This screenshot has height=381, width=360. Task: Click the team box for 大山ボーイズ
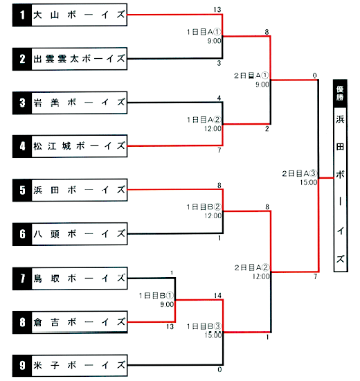[70, 15]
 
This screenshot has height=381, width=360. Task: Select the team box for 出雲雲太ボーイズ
[70, 59]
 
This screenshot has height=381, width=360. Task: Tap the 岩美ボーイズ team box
[70, 103]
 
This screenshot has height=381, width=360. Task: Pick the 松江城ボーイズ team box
[70, 146]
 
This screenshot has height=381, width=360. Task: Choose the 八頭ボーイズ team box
[70, 234]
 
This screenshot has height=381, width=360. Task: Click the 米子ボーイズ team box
[70, 366]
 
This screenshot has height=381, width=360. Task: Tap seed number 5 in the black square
[22, 190]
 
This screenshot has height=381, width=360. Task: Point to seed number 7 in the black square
[22, 278]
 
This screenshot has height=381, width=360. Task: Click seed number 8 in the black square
[22, 322]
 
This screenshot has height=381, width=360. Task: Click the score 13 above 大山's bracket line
[217, 10]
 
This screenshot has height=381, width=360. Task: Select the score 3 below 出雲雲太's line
[219, 63]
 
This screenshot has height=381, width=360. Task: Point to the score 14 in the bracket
[217, 296]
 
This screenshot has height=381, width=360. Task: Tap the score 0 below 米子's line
[219, 370]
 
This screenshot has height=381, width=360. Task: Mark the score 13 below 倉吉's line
[170, 326]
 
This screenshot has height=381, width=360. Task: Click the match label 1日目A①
[204, 32]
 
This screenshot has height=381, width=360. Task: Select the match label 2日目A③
[300, 173]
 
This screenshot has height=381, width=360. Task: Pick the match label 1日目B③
[204, 326]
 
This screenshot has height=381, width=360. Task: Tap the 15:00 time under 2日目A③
[309, 182]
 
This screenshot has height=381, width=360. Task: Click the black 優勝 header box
[340, 94]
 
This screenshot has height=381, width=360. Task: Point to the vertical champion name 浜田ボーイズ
[341, 189]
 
